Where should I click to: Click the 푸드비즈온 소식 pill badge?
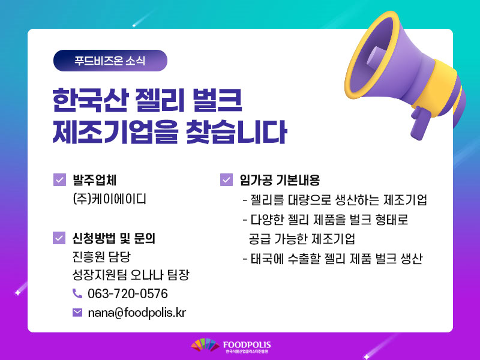pyautogui.click(x=110, y=61)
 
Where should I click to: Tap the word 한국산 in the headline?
pyautogui.click(x=89, y=100)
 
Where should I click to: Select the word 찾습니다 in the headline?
pyautogui.click(x=236, y=132)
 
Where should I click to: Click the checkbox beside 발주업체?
pyautogui.click(x=59, y=179)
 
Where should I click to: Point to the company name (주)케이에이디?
pyautogui.click(x=109, y=199)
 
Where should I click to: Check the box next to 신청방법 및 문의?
pyautogui.click(x=59, y=238)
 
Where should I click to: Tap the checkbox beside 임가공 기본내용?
pyautogui.click(x=226, y=179)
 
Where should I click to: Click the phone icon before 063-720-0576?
pyautogui.click(x=77, y=293)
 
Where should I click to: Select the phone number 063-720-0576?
pyautogui.click(x=128, y=293)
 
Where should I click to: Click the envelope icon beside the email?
pyautogui.click(x=77, y=312)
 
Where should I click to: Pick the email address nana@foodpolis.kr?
pyautogui.click(x=137, y=313)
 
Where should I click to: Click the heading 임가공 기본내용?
pyautogui.click(x=280, y=180)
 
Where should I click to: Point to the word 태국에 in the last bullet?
pyautogui.click(x=267, y=259)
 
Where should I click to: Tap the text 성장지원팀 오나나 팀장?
pyautogui.click(x=131, y=275)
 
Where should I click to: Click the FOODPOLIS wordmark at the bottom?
pyautogui.click(x=247, y=345)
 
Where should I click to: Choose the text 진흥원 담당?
pyautogui.click(x=101, y=257)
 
